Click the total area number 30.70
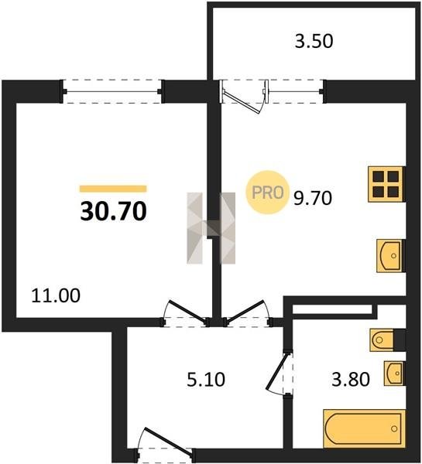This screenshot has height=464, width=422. click(x=113, y=211)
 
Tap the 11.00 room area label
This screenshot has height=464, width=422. click(x=56, y=295)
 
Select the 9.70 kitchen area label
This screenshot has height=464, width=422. click(x=313, y=198)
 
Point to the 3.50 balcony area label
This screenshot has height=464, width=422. click(x=314, y=41)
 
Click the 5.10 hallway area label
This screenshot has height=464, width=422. click(x=206, y=380)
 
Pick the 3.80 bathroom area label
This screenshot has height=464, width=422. click(x=351, y=380)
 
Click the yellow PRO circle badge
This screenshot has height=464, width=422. click(x=267, y=193)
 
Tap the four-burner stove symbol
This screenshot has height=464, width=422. click(x=386, y=184)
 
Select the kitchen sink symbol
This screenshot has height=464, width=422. click(x=390, y=256)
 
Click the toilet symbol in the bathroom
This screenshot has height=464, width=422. click(x=383, y=339)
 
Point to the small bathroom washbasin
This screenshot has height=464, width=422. click(x=394, y=374)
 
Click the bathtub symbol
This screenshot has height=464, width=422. click(x=364, y=428)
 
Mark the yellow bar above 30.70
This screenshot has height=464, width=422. click(x=113, y=189)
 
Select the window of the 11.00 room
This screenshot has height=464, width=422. click(x=112, y=91)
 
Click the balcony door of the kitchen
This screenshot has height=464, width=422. click(x=244, y=95)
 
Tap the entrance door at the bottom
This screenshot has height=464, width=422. click(x=164, y=447)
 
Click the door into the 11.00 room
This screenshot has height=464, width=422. click(x=185, y=314)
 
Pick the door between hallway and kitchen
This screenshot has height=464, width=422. click(x=248, y=314)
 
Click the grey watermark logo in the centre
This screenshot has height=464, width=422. click(x=211, y=228)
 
